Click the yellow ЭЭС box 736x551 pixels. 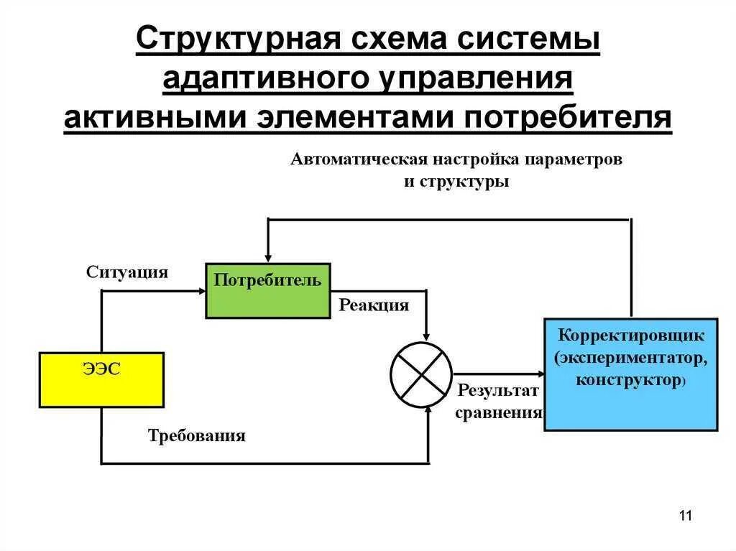coord(101,380)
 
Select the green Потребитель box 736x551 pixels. coord(267,290)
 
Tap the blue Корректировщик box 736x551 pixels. coord(630,374)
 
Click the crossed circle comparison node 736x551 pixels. coord(421,374)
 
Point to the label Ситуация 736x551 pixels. coord(127,272)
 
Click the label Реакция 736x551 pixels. coord(374,305)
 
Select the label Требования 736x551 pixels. coord(197,436)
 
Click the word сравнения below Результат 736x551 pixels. coord(499,413)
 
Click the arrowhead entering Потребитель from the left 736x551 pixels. coord(201,290)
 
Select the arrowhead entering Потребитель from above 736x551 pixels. coord(268,259)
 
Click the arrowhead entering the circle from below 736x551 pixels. coord(428,409)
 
